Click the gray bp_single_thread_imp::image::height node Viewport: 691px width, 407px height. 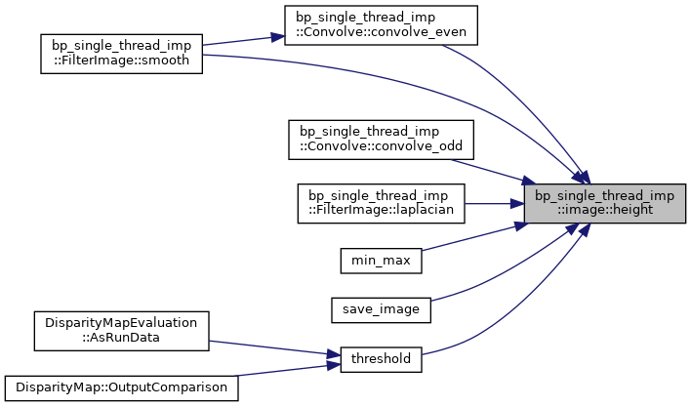(x=605, y=203)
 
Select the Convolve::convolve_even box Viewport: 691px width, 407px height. (x=381, y=25)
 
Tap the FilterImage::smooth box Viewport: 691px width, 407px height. (x=121, y=54)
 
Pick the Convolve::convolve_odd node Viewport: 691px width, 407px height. (x=381, y=140)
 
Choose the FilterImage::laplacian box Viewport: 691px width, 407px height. (x=381, y=203)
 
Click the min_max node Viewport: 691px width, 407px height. (x=381, y=261)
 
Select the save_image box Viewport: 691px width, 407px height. (x=381, y=310)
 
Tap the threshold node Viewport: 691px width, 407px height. (x=381, y=359)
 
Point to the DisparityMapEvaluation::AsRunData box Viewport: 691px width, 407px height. (x=121, y=331)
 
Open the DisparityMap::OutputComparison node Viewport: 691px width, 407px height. (x=121, y=388)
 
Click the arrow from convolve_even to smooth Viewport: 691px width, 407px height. (x=244, y=40)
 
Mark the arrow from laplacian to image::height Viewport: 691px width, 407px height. (x=495, y=204)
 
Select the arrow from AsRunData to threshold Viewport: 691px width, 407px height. (x=274, y=347)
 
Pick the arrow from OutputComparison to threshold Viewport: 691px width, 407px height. (x=286, y=371)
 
